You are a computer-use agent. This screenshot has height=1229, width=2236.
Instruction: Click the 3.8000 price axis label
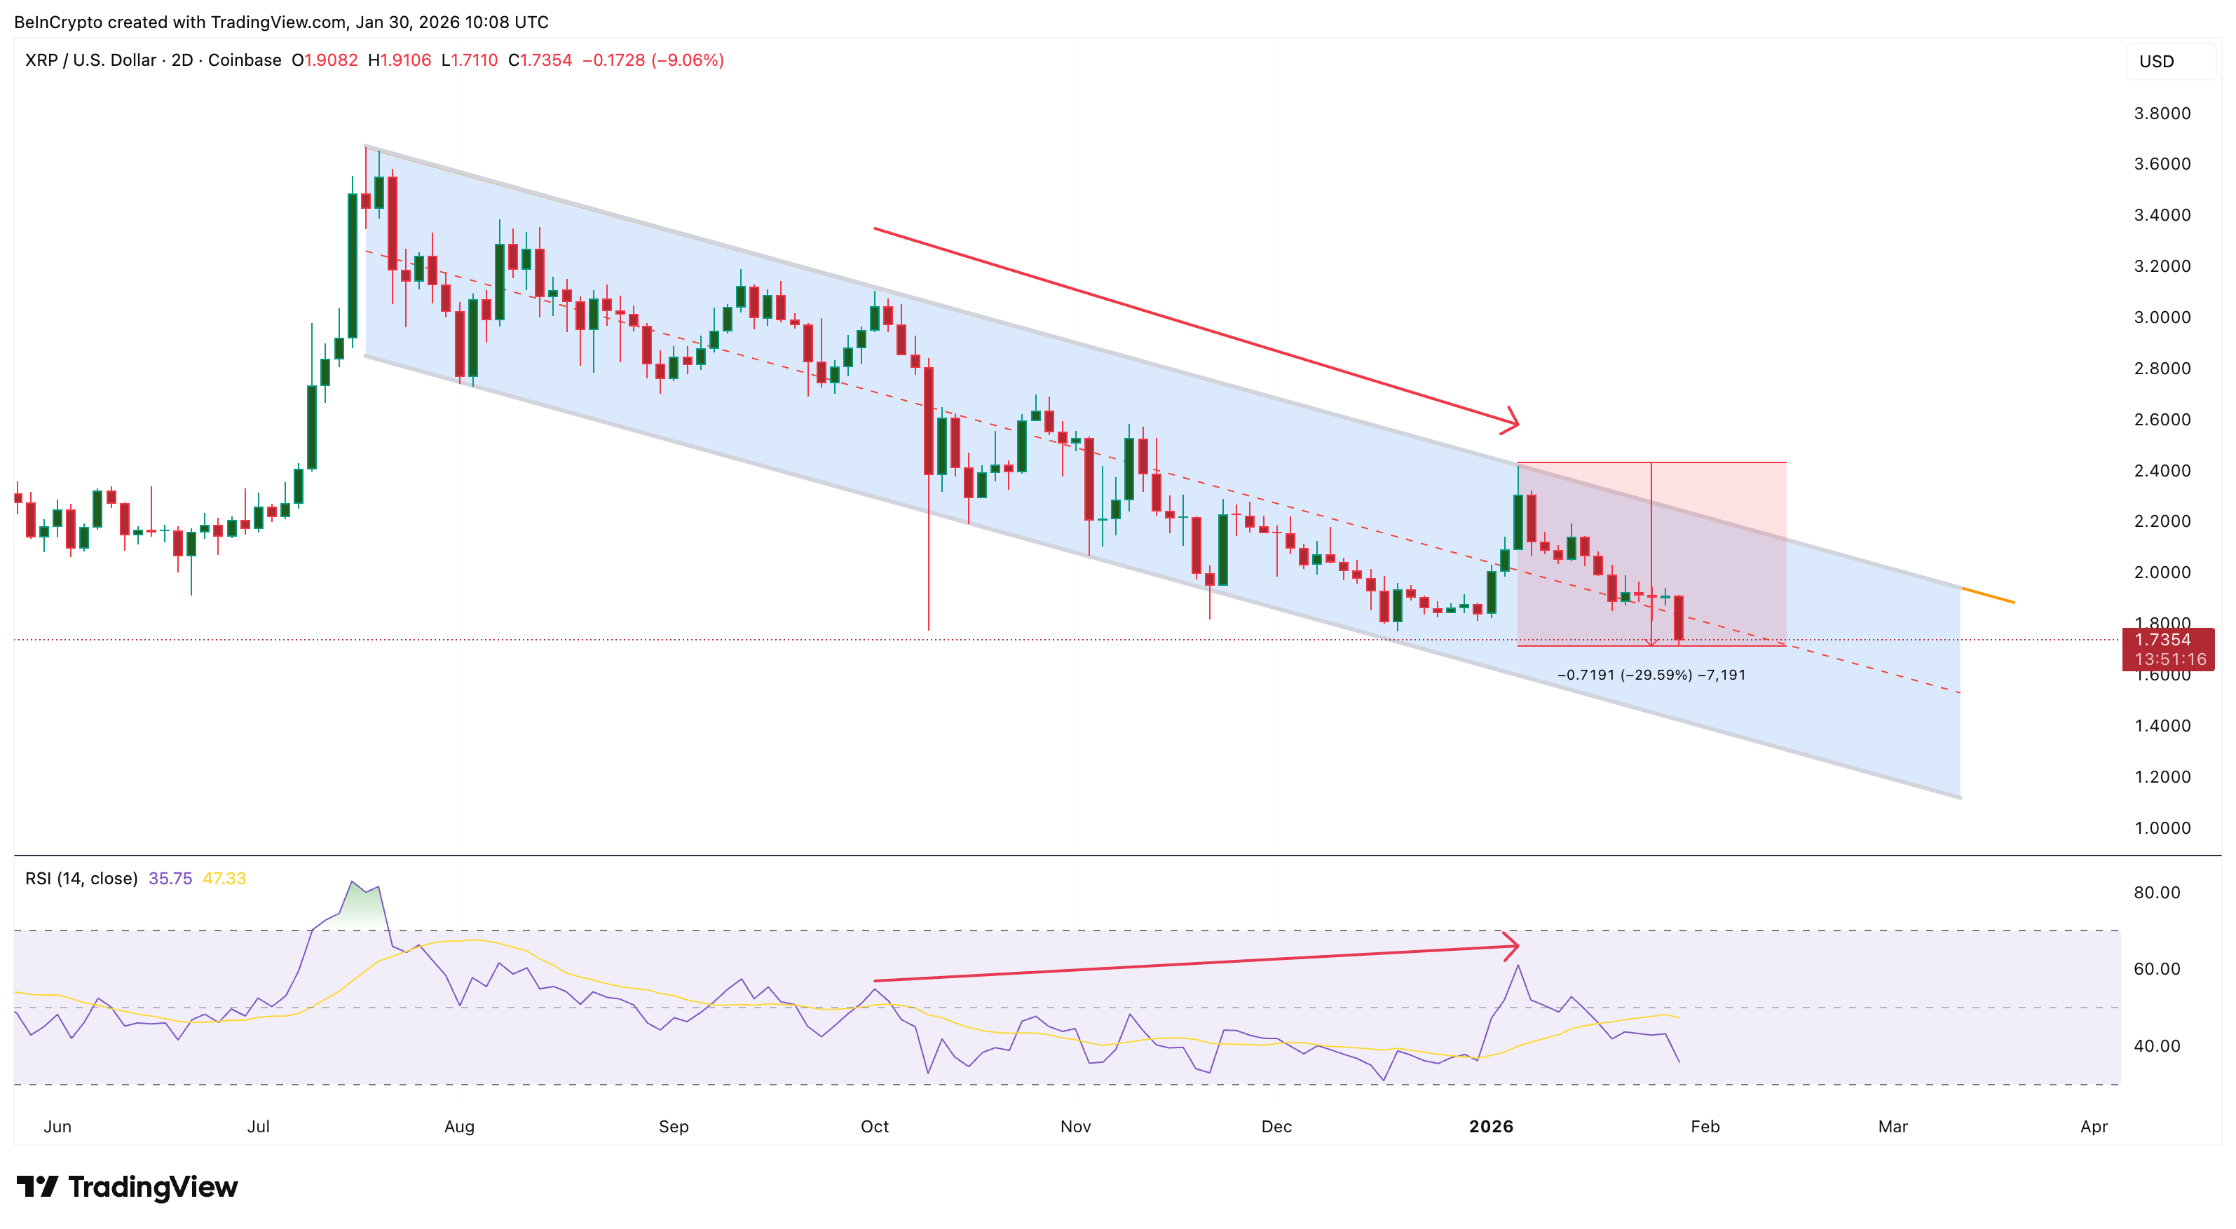click(x=2162, y=114)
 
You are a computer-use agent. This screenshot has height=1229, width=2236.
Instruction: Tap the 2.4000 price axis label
click(x=2162, y=470)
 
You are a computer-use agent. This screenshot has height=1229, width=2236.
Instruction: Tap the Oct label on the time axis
click(x=874, y=1127)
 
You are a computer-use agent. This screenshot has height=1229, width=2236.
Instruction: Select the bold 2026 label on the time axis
click(x=1490, y=1127)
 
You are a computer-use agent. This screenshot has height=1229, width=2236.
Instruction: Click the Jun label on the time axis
click(x=57, y=1127)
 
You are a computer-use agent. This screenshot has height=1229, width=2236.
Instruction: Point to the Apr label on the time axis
click(x=2094, y=1127)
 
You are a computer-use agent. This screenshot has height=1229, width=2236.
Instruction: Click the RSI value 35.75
click(x=170, y=879)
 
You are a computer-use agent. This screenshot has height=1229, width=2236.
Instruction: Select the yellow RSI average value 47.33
click(x=224, y=879)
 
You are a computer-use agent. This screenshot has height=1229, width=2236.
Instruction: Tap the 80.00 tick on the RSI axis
click(x=2156, y=892)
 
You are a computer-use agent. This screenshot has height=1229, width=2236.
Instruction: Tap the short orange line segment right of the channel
click(x=1988, y=596)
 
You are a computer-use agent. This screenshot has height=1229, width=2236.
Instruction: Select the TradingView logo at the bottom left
click(x=128, y=1186)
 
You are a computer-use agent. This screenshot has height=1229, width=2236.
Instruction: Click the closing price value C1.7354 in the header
click(x=540, y=60)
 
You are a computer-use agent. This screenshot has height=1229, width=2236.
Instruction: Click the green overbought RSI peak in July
click(x=362, y=902)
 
